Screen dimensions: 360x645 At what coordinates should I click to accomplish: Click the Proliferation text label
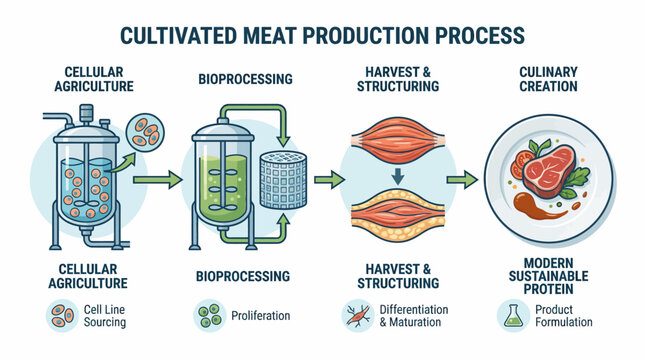point(261,316)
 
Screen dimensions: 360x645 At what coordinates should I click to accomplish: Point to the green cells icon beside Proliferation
point(209,316)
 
